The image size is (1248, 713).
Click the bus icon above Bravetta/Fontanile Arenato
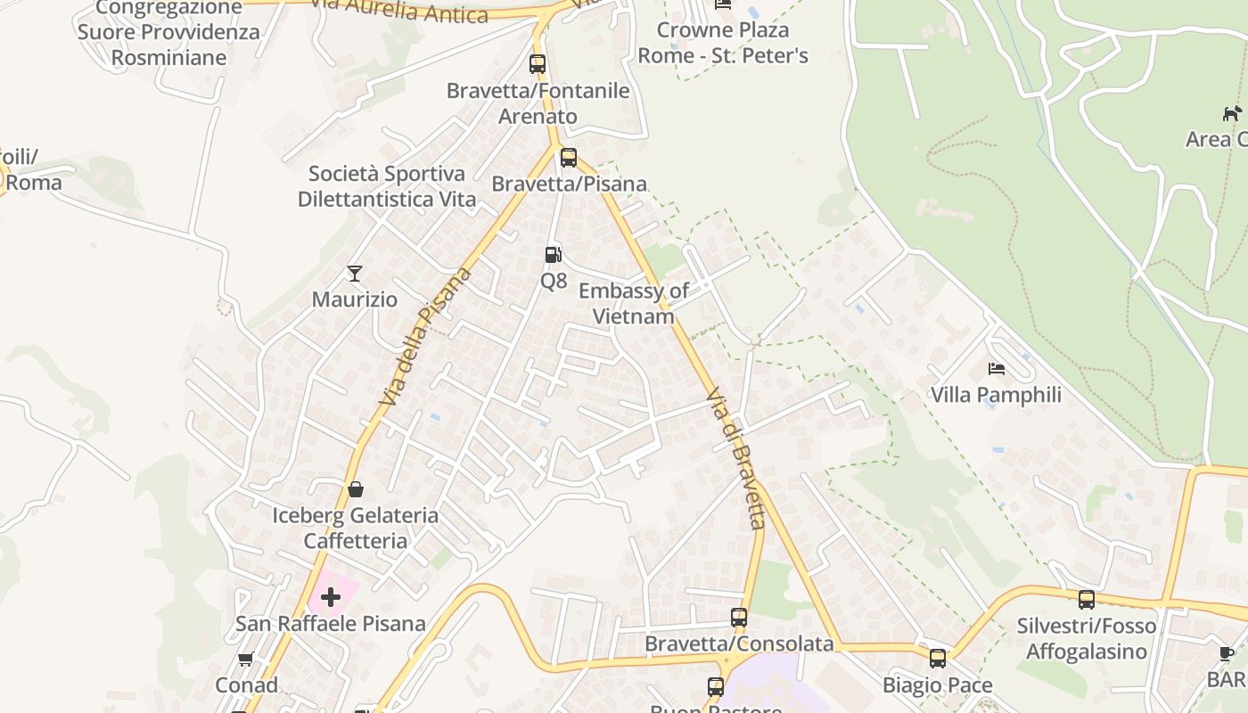(x=537, y=64)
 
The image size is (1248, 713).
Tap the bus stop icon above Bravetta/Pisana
(x=568, y=158)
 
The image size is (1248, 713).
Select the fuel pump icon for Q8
(x=554, y=255)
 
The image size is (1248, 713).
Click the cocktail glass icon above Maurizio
(x=355, y=273)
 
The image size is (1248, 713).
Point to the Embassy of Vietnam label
(x=633, y=303)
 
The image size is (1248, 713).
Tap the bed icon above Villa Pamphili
(x=996, y=368)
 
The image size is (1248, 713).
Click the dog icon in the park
(x=1232, y=113)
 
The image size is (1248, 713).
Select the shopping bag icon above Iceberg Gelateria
(x=355, y=488)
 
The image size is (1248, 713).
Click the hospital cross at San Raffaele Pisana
(x=331, y=596)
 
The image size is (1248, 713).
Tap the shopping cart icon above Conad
(x=245, y=660)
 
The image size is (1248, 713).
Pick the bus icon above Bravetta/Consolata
(x=738, y=617)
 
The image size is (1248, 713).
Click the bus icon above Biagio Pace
(x=937, y=659)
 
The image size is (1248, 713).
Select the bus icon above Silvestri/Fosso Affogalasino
(x=1086, y=600)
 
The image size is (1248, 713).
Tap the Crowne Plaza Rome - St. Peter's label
(x=723, y=43)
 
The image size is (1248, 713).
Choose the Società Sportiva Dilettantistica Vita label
(x=387, y=185)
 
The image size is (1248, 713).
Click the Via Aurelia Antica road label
(x=400, y=12)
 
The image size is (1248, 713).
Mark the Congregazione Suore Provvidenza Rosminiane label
(x=168, y=33)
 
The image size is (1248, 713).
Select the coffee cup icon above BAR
(x=1227, y=653)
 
